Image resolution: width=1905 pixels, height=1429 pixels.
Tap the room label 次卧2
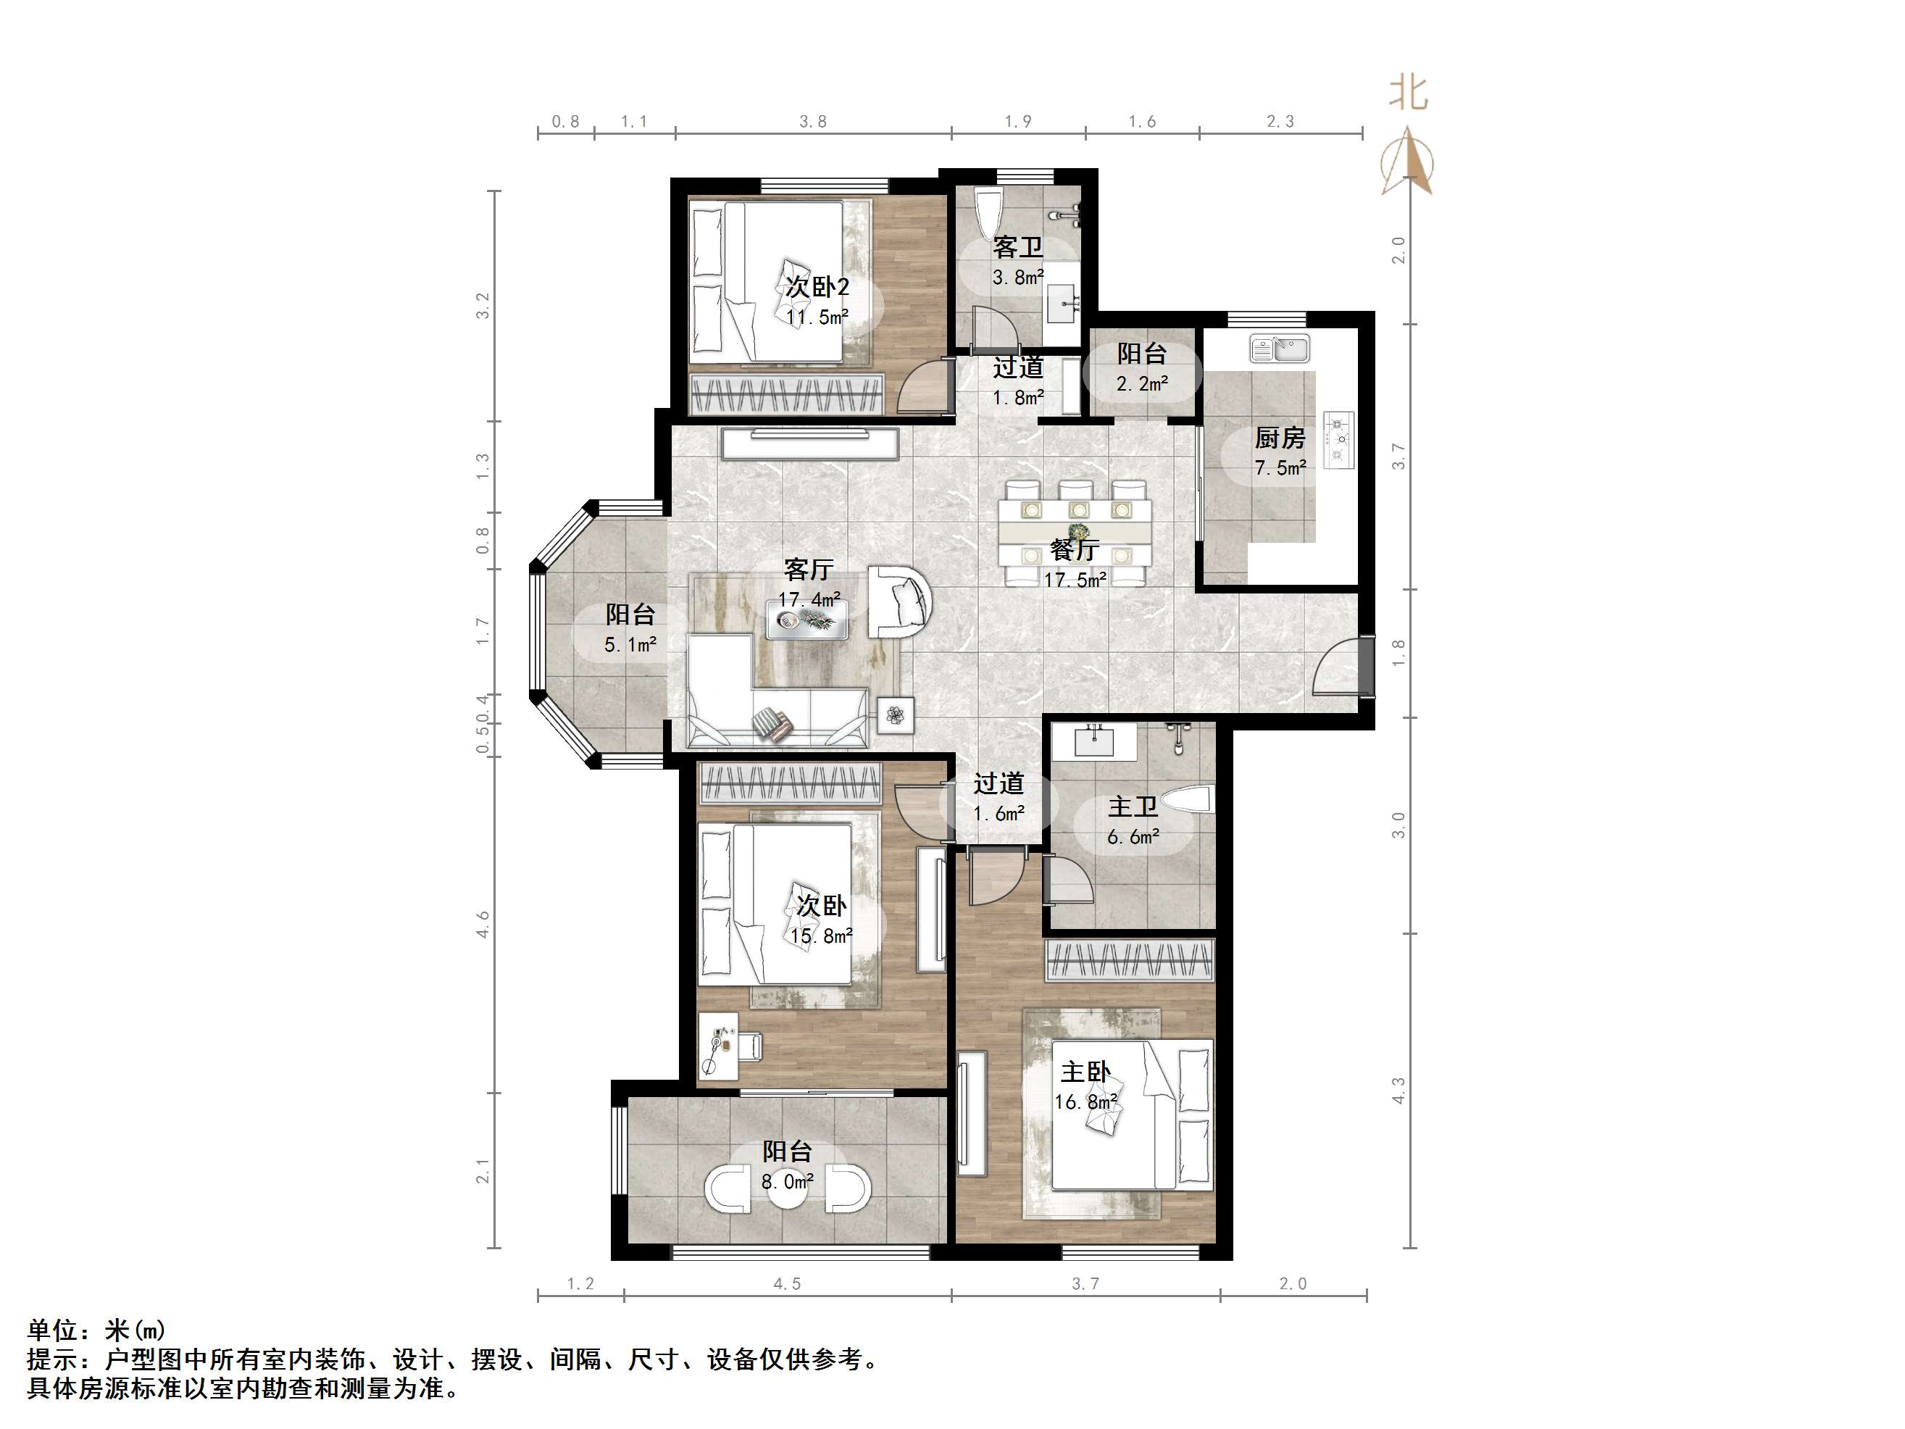[x=817, y=287]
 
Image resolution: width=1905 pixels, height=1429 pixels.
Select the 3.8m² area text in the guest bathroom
[x=1018, y=277]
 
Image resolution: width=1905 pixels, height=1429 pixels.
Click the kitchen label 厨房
[x=1280, y=438]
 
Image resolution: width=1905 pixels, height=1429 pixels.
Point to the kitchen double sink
[x=1279, y=349]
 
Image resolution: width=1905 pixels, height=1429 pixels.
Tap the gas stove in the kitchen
[x=1338, y=439]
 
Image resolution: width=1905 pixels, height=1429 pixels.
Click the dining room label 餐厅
[x=1074, y=549]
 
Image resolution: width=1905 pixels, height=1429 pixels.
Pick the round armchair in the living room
[x=900, y=601]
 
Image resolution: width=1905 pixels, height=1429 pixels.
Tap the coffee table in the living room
[x=808, y=620]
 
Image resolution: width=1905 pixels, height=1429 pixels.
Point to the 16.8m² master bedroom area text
[x=1085, y=1101]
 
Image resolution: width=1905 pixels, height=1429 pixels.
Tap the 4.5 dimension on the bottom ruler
[x=786, y=1284]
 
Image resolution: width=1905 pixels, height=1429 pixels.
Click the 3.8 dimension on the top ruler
[x=812, y=122]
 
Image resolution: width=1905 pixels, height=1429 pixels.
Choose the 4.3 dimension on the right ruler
[x=1398, y=1091]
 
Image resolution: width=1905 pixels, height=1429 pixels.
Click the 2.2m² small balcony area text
[x=1142, y=383]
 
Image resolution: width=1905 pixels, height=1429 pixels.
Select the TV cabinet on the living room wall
[x=810, y=443]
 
